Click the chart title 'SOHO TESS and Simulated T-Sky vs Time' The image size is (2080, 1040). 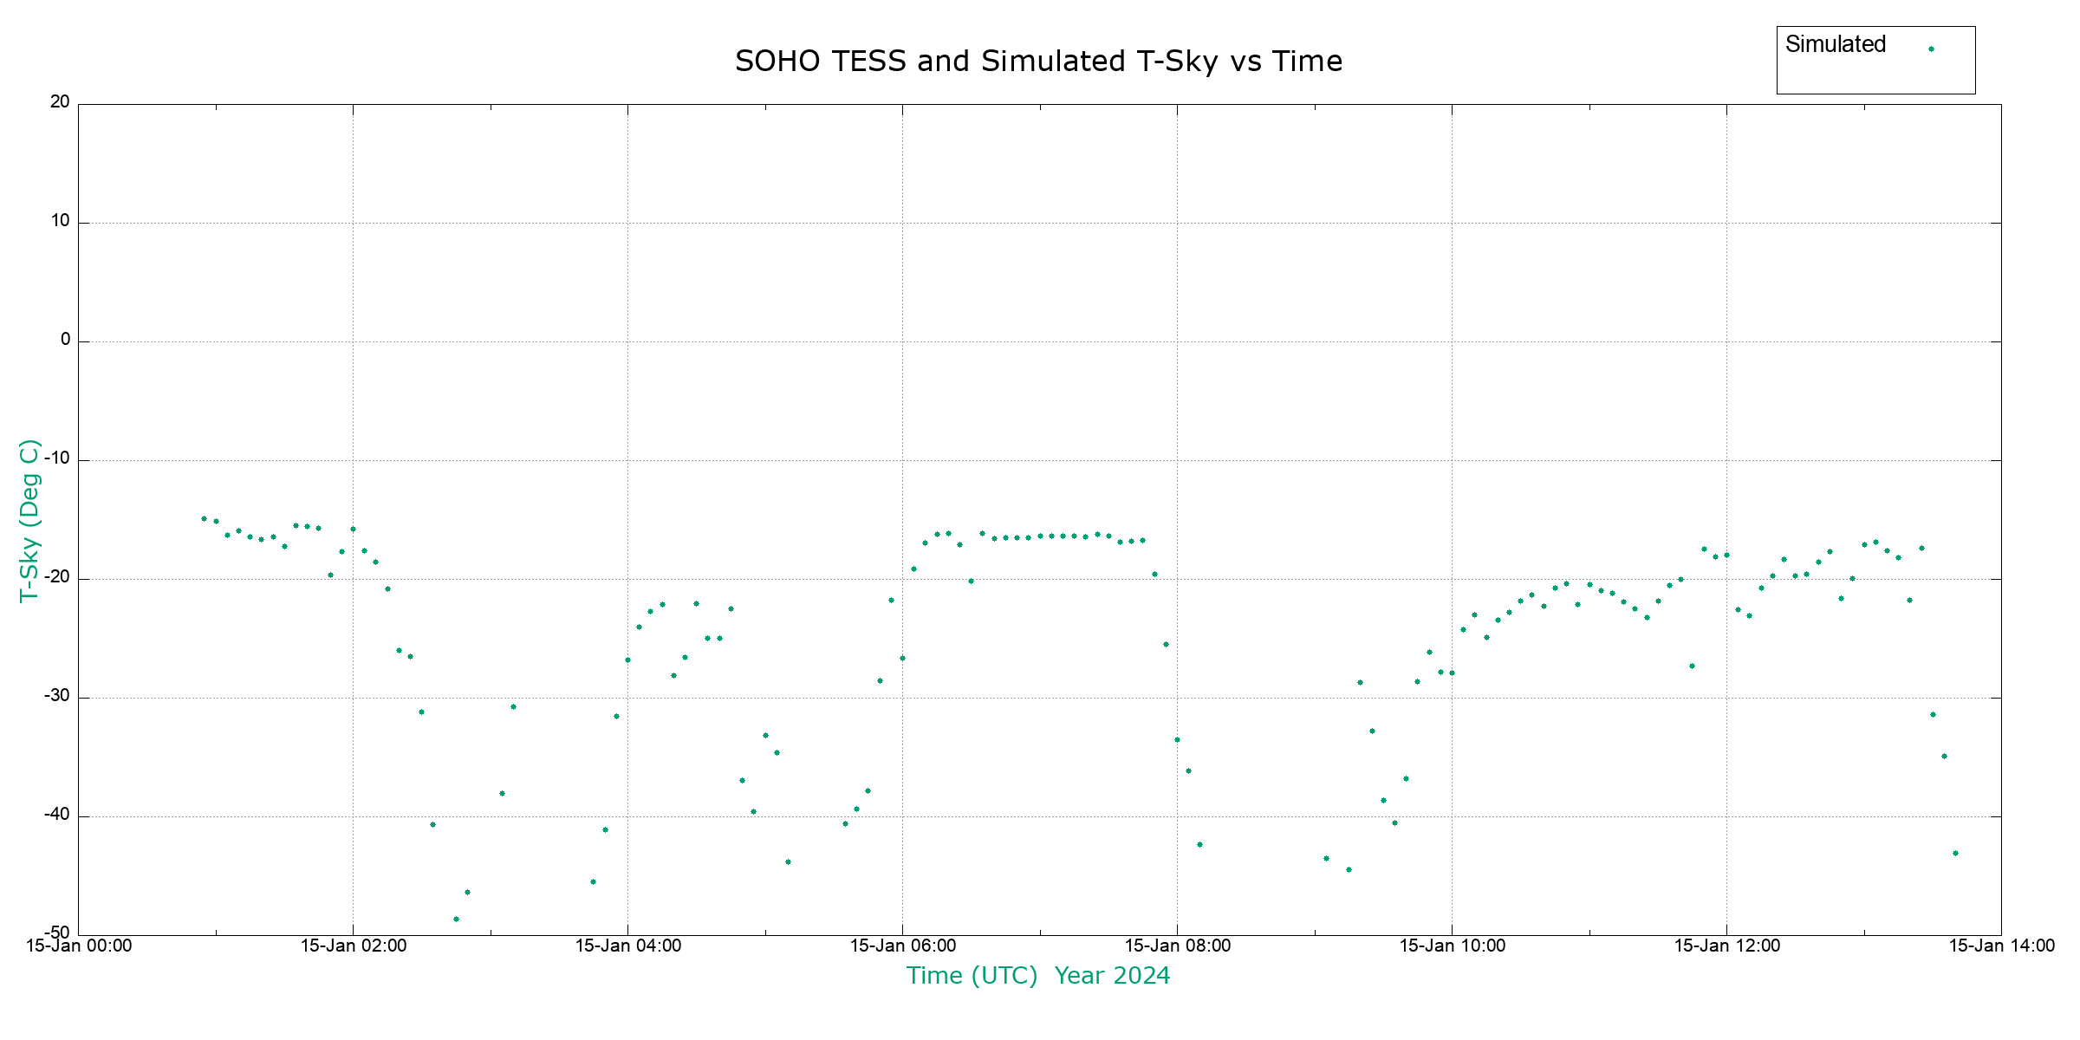1038,62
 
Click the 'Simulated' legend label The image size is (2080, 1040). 1835,44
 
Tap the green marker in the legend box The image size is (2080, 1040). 1931,49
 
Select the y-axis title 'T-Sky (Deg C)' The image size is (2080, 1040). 29,520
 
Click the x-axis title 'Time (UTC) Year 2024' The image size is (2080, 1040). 1038,976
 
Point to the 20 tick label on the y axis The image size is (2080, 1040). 60,102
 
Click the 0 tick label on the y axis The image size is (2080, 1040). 65,340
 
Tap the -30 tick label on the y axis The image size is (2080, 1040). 56,696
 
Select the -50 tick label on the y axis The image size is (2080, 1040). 56,933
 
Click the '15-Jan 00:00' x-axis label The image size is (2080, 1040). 79,946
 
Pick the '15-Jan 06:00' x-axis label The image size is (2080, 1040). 902,946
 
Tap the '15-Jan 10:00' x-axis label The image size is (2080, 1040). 1452,946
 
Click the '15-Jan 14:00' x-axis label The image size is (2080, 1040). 2001,946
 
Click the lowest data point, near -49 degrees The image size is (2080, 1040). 456,919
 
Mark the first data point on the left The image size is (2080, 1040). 204,518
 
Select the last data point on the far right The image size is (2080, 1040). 1955,853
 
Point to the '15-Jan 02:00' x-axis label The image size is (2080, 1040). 354,946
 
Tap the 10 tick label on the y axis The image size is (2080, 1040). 60,221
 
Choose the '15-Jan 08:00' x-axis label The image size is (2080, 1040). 1177,946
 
